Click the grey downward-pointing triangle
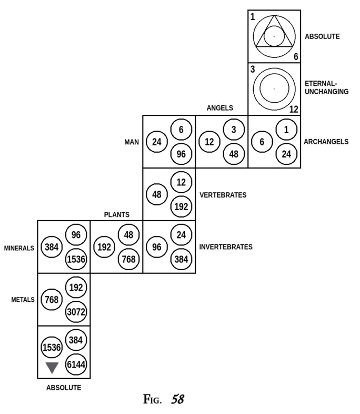coord(52,368)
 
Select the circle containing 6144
coord(76,364)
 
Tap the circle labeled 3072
coord(76,312)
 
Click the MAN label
coord(131,142)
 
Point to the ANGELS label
coord(219,109)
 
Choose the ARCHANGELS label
coord(326,142)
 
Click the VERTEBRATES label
coord(223,195)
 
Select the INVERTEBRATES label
coord(226,247)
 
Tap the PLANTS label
coord(116,215)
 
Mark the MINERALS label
coord(19,248)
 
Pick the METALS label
coord(23,300)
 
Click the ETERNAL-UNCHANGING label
coord(326,87)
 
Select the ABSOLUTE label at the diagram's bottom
coord(64,388)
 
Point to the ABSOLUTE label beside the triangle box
coord(322,37)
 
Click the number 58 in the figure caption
coord(177,399)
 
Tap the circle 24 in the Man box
coord(157,142)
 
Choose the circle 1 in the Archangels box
coord(286,130)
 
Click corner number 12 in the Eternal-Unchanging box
coord(294,110)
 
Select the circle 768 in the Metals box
coord(52,300)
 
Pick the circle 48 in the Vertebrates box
coord(157,194)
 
